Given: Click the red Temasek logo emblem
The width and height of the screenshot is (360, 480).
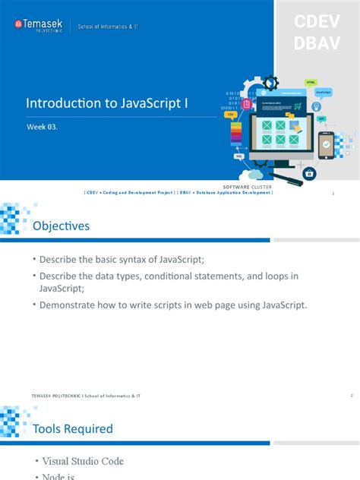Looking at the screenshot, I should [18, 26].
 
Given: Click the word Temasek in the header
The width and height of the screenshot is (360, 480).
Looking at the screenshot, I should [45, 24].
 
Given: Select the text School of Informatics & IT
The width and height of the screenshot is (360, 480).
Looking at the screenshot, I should [109, 27].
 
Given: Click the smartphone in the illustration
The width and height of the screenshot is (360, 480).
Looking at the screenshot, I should [326, 144].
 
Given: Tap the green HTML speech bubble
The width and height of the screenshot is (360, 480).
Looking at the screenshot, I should [311, 82].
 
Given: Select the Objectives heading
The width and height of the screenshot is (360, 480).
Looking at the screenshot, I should [61, 226].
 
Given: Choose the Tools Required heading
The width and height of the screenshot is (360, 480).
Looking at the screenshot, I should [73, 428].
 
